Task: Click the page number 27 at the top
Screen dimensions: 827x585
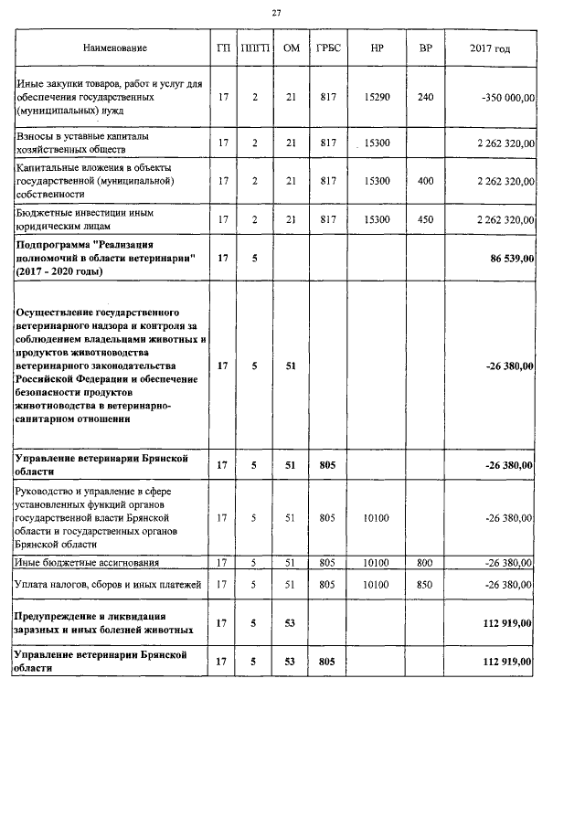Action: click(276, 12)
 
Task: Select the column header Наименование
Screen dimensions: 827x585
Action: click(114, 47)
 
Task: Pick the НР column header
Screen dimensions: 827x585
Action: click(377, 47)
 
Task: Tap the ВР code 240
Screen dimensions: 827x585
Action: click(425, 98)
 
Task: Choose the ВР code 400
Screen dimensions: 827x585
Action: click(425, 181)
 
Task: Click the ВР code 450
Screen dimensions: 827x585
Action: click(425, 219)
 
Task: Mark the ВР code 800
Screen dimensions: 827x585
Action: click(425, 562)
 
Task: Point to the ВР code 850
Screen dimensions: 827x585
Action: click(425, 583)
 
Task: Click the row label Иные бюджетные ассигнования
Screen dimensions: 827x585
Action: click(89, 562)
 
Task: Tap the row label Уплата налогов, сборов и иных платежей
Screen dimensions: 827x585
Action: click(112, 583)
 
